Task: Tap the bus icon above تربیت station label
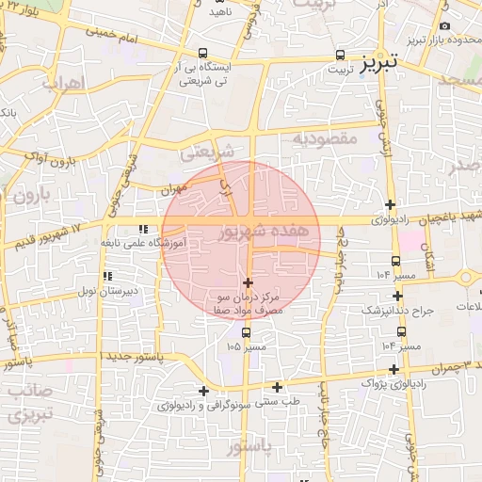pyautogui.click(x=340, y=56)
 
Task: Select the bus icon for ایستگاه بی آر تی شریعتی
pyautogui.click(x=201, y=54)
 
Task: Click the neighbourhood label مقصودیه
pyautogui.click(x=326, y=138)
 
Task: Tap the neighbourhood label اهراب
pyautogui.click(x=63, y=83)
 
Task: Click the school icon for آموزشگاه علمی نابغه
pyautogui.click(x=143, y=229)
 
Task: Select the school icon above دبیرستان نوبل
pyautogui.click(x=107, y=276)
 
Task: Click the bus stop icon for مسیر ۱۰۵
pyautogui.click(x=247, y=332)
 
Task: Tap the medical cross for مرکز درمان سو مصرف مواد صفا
pyautogui.click(x=248, y=282)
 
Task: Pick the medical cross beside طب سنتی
pyautogui.click(x=278, y=386)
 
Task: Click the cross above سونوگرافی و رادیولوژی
pyautogui.click(x=203, y=391)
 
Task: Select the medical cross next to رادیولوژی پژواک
pyautogui.click(x=394, y=369)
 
